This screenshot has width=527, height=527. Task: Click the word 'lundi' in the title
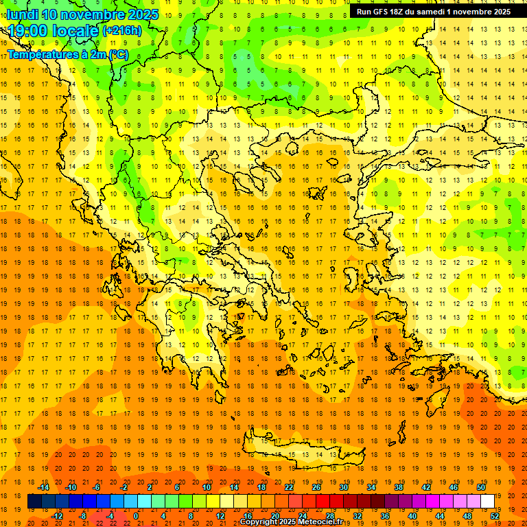pos(22,14)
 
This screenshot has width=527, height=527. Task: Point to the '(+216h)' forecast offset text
pos(122,31)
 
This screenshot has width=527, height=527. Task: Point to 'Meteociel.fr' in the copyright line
pos(321,522)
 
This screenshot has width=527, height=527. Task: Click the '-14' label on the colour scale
pos(43,487)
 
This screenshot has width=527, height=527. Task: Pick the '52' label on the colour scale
pos(495,516)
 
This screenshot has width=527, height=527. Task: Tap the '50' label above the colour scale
pos(481,487)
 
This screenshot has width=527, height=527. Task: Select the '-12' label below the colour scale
pos(57,516)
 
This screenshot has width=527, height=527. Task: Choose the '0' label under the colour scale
pos(136,516)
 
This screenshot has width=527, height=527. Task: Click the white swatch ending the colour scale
pos(488,502)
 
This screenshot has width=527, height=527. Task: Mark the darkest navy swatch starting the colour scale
pos(34,502)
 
